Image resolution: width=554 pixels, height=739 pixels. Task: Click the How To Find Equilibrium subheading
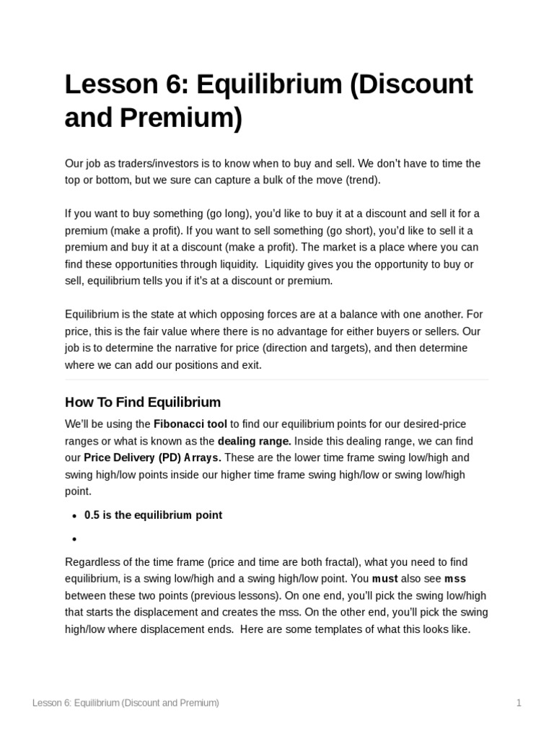pos(143,402)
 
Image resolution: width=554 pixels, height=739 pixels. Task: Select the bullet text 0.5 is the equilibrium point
pos(153,515)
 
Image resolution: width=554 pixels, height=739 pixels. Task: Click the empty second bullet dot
pos(74,539)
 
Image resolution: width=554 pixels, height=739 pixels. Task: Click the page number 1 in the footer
pos(518,703)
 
